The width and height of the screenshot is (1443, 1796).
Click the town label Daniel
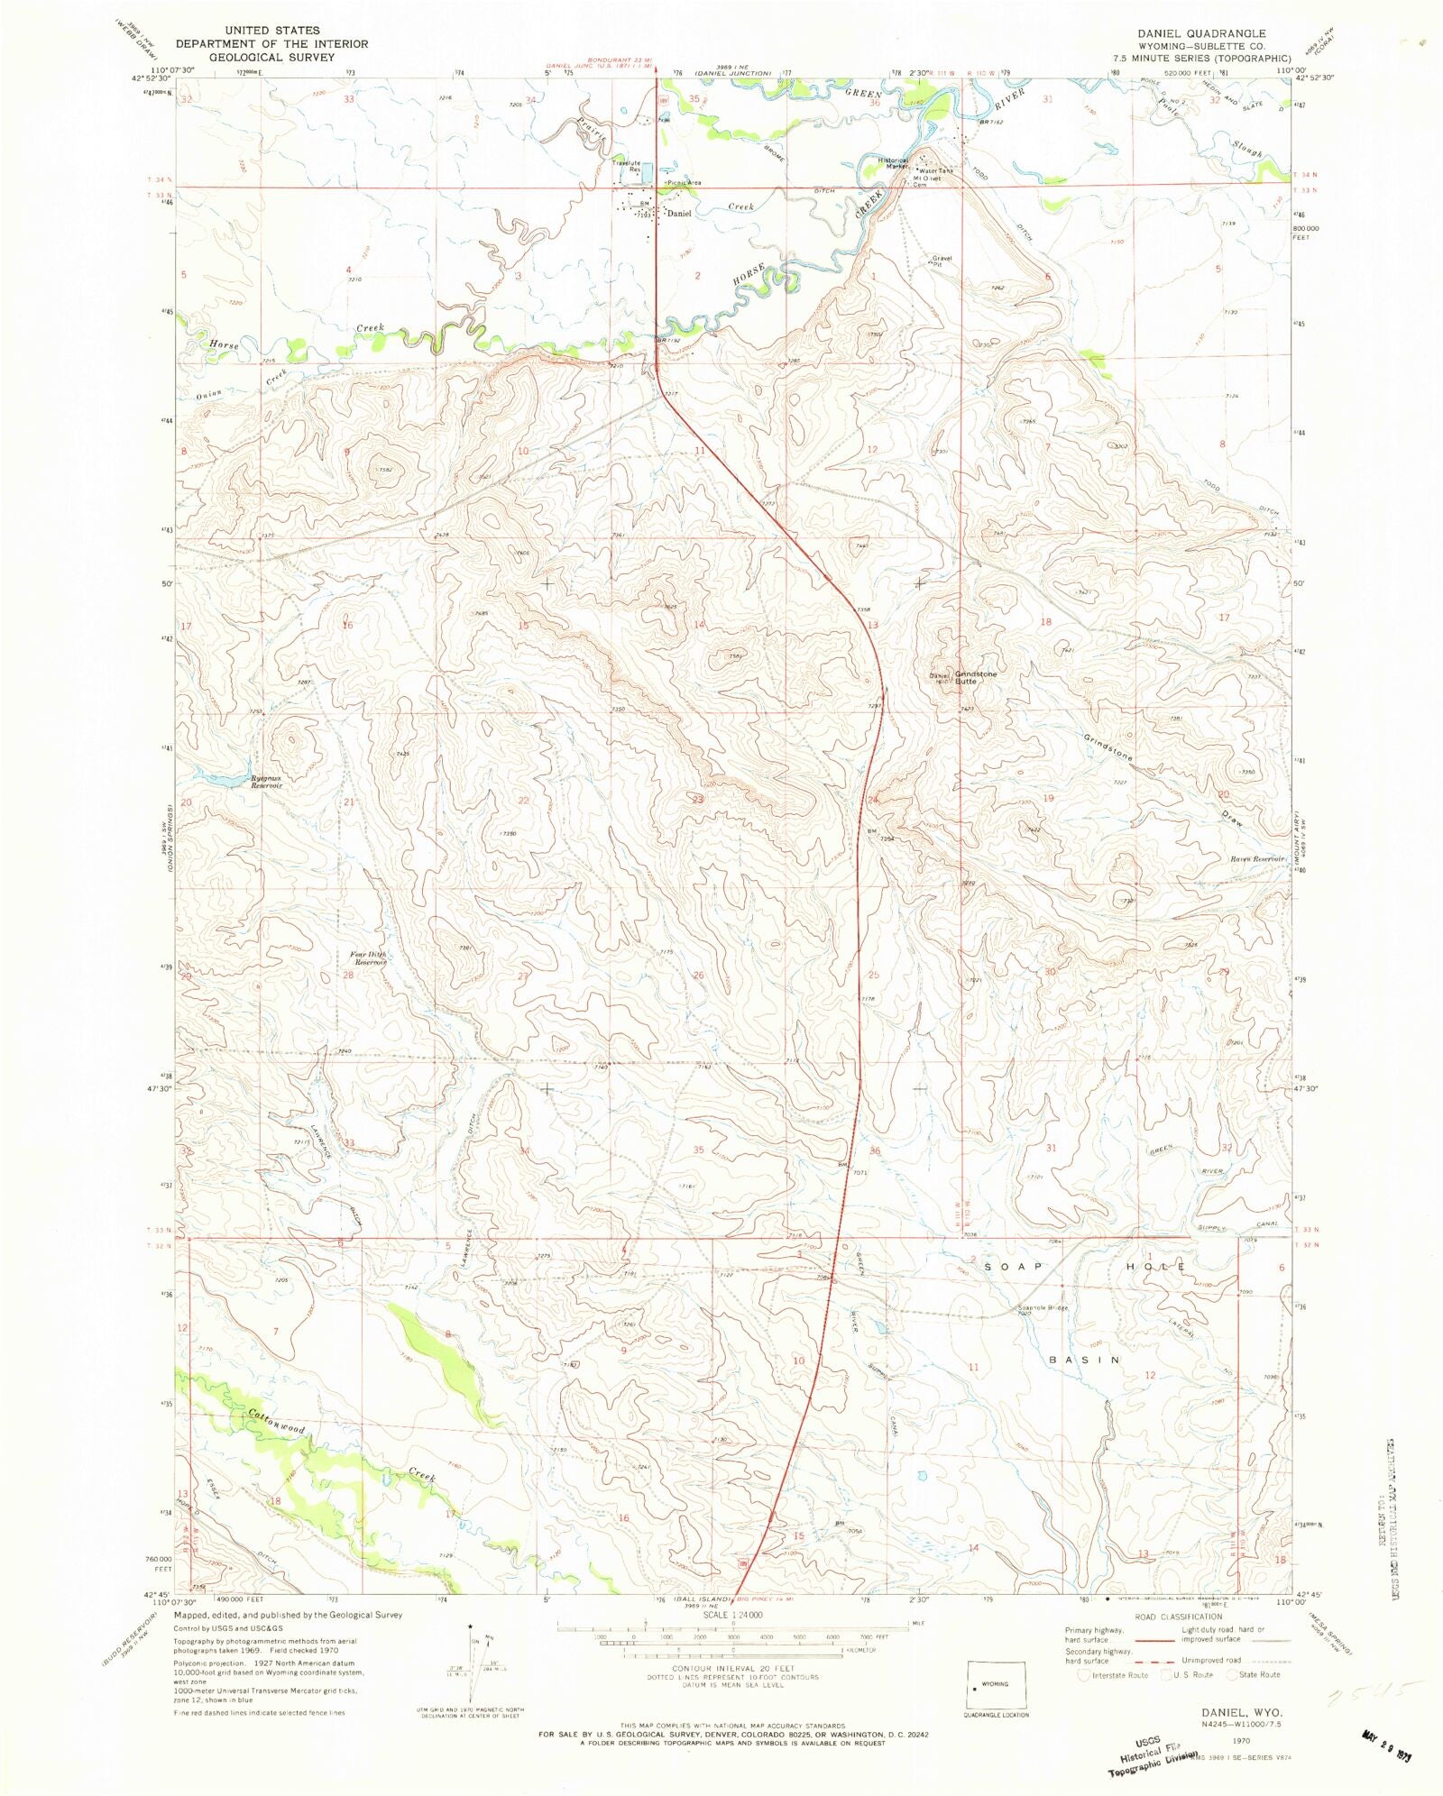(678, 214)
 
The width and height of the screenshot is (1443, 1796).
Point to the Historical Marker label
(894, 163)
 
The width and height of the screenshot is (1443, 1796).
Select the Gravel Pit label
(942, 261)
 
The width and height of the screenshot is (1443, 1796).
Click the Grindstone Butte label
(976, 677)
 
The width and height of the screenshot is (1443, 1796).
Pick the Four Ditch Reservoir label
(369, 958)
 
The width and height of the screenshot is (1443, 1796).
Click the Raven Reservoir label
(1256, 859)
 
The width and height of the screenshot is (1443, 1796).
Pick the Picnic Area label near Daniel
(684, 183)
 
